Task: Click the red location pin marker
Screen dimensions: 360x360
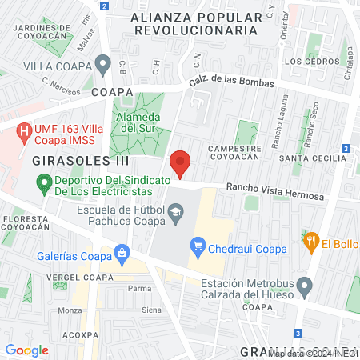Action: pos(180,163)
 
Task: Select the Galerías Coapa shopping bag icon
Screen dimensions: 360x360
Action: pos(122,255)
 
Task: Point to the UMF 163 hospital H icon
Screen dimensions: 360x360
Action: pos(24,129)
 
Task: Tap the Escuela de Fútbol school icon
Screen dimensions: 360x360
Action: pos(176,212)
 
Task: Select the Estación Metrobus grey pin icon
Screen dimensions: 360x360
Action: pos(304,285)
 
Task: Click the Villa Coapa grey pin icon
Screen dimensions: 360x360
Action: pos(102,62)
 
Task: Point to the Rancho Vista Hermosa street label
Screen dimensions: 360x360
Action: pos(275,191)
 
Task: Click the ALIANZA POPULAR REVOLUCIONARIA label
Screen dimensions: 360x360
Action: pos(195,23)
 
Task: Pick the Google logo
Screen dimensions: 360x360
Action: pos(27,350)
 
